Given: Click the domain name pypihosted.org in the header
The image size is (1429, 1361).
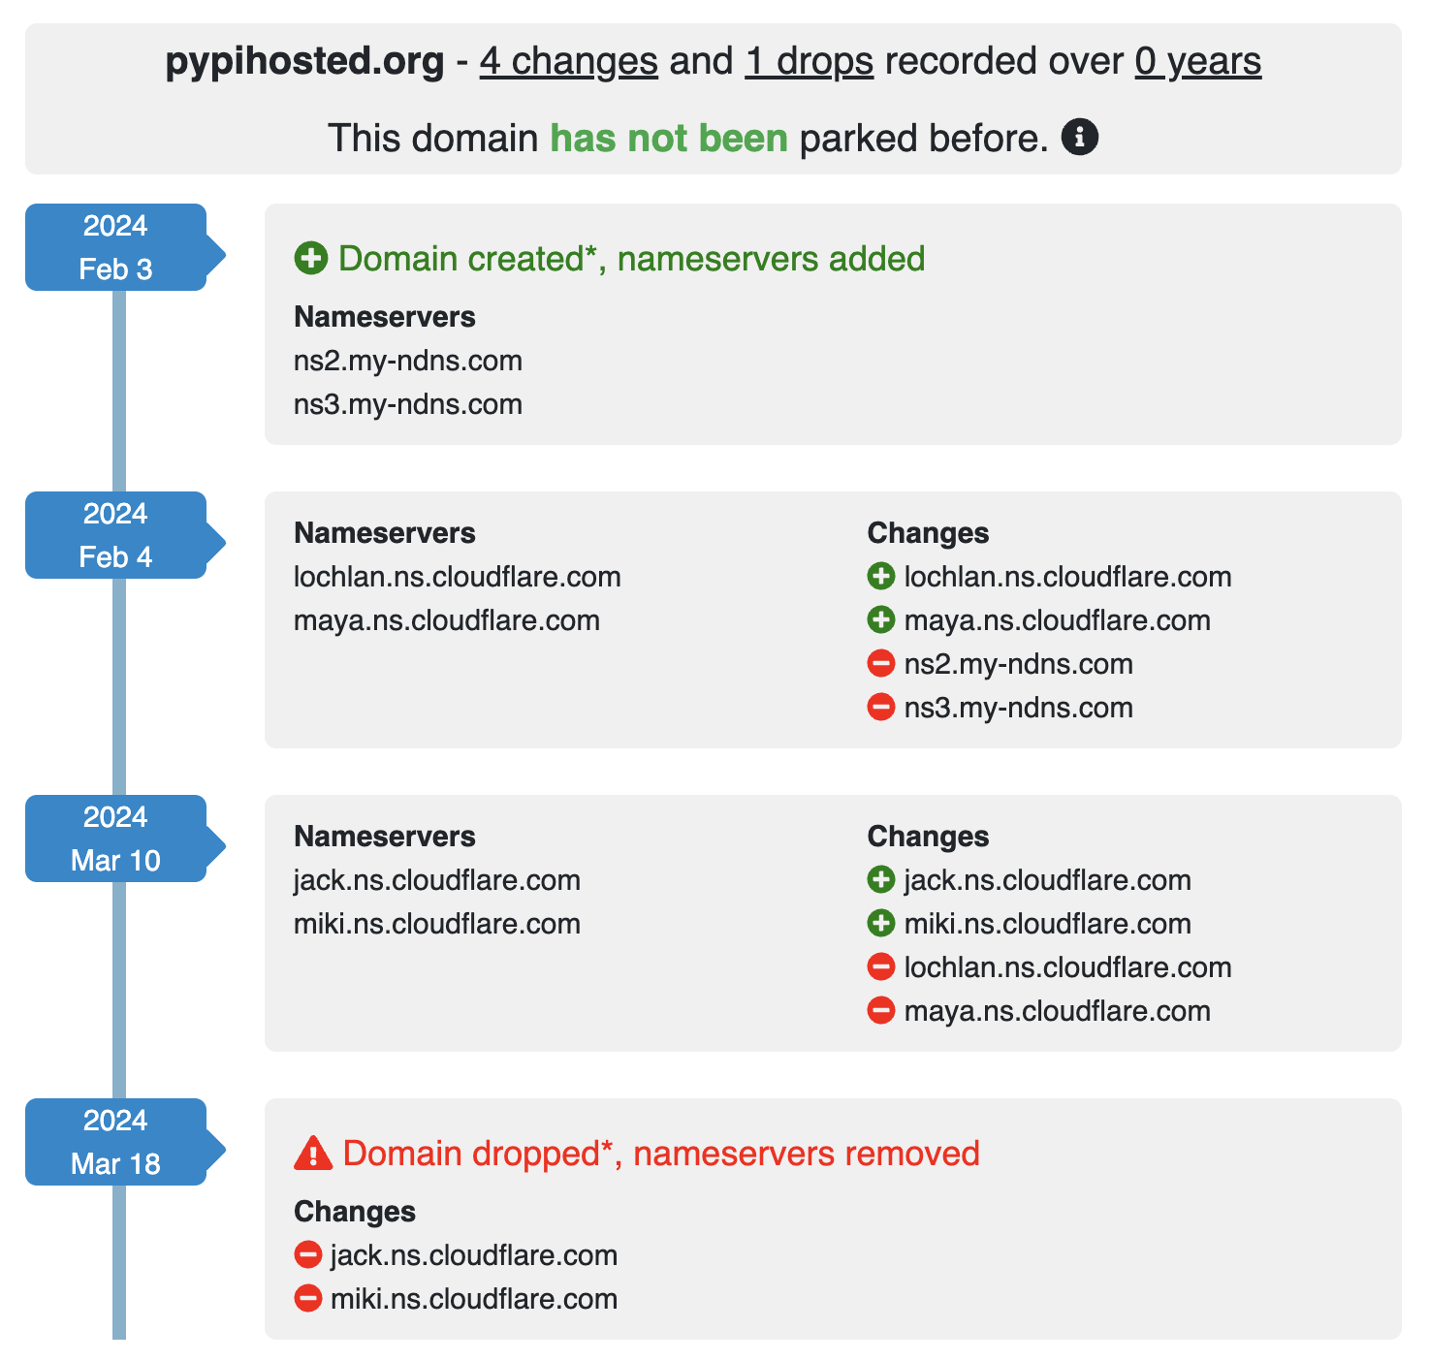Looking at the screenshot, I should click(x=304, y=61).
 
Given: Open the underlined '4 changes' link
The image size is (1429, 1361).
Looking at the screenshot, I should click(x=568, y=61).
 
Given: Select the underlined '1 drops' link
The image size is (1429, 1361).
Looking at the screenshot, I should click(x=809, y=61).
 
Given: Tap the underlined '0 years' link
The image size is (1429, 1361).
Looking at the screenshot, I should click(x=1197, y=61).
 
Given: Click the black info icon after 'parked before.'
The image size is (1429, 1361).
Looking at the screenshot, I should click(x=1080, y=138).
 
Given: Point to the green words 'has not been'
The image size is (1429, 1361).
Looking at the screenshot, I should click(x=668, y=138).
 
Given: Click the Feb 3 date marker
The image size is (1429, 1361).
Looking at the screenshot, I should click(x=116, y=247).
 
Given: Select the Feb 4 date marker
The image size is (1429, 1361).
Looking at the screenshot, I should click(x=116, y=535).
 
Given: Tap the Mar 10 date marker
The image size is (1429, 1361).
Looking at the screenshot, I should click(x=116, y=839).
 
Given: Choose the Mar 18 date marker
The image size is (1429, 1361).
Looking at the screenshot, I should click(x=116, y=1142).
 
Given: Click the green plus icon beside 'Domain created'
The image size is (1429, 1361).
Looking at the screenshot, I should click(x=310, y=259).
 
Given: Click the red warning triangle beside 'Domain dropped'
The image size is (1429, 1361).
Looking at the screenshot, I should click(x=312, y=1154).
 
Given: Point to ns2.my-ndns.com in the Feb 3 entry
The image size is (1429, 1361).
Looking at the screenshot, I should click(x=407, y=361).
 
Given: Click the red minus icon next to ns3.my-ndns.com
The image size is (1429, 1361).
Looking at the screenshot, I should click(x=880, y=708).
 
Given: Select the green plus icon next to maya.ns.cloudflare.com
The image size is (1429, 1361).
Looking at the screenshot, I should click(x=880, y=620).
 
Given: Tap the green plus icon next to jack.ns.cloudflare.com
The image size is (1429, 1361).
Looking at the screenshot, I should click(x=880, y=880).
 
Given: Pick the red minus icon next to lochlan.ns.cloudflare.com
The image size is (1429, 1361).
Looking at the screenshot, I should click(x=880, y=967).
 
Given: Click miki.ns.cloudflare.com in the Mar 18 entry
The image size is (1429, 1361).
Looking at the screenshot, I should click(x=473, y=1299).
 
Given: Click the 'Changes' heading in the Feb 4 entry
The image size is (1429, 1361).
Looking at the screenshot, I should click(x=928, y=533).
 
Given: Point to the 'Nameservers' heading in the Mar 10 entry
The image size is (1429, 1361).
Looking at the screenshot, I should click(x=384, y=837).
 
